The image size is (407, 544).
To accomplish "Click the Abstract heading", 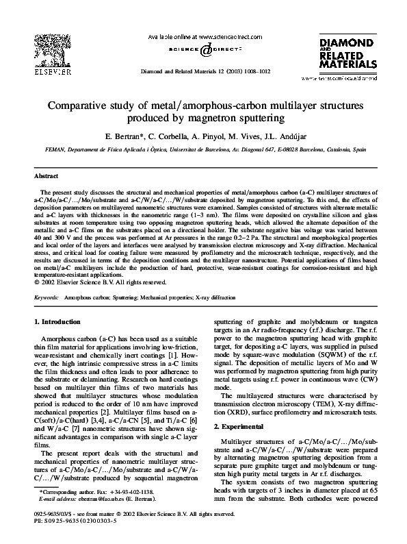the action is pos(46,176).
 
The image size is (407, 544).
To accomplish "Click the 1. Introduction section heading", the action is pos(60,321).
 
